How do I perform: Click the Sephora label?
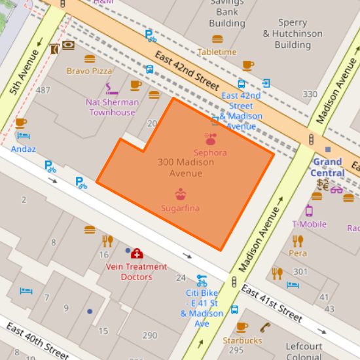pyautogui.click(x=209, y=153)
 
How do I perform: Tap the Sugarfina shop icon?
pyautogui.click(x=180, y=194)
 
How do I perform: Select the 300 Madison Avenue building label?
pyautogui.click(x=179, y=168)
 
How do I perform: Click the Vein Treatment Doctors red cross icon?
pyautogui.click(x=136, y=253)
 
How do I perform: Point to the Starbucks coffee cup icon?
pyautogui.click(x=242, y=327)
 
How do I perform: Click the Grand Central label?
pyautogui.click(x=327, y=167)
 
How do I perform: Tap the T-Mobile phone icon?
pyautogui.click(x=309, y=211)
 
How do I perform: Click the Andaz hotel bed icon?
pyautogui.click(x=24, y=137)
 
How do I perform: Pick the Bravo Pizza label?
pyautogui.click(x=89, y=71)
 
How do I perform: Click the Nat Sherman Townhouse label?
pyautogui.click(x=112, y=107)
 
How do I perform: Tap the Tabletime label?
pyautogui.click(x=217, y=52)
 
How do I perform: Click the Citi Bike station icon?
pyautogui.click(x=202, y=280)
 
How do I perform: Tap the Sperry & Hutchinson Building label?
pyautogui.click(x=292, y=33)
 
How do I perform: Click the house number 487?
pyautogui.click(x=44, y=90)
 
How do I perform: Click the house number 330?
pyautogui.click(x=310, y=94)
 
